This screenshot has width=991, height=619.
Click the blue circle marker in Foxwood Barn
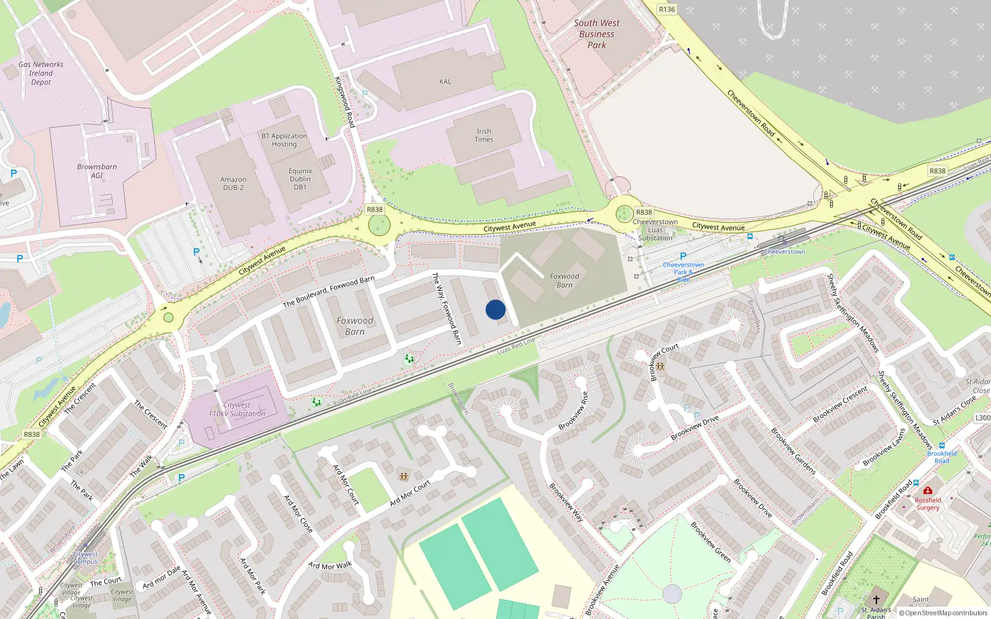(x=495, y=309)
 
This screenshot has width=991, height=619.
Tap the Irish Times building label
(x=484, y=136)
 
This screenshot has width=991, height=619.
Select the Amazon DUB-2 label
(x=233, y=184)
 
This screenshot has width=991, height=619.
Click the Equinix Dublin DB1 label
(x=300, y=179)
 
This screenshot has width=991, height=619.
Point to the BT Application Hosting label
(x=284, y=140)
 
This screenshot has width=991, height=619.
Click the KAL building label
(x=445, y=82)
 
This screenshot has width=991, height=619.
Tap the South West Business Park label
(x=596, y=34)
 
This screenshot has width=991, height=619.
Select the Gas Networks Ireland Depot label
(x=41, y=73)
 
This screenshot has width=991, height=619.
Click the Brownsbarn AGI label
(x=97, y=171)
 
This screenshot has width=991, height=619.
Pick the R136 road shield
(x=666, y=9)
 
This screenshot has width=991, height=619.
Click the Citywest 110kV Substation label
(x=237, y=409)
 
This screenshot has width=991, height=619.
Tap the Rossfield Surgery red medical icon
(x=927, y=490)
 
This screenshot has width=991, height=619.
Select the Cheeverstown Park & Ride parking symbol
(x=683, y=256)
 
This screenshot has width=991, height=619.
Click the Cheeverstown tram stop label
(x=784, y=252)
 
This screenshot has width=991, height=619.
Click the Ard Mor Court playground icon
(x=404, y=477)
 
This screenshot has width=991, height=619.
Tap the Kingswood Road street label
(x=345, y=102)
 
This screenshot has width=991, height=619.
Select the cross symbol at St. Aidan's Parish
(x=876, y=600)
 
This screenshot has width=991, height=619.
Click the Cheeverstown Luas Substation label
(x=655, y=230)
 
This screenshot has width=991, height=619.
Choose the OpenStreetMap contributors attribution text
(x=943, y=613)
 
